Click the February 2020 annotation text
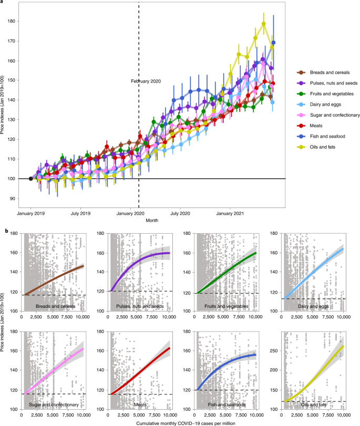pos(146,81)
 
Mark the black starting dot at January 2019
pos(30,179)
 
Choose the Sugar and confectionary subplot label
pos(54,404)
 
